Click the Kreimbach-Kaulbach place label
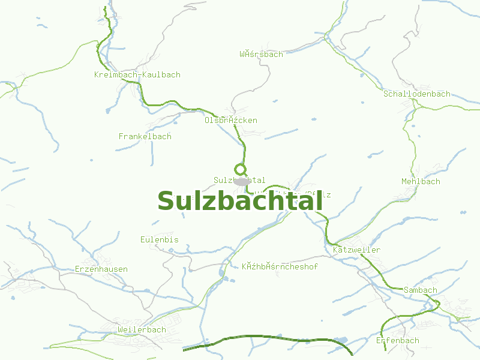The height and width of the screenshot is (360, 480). pyautogui.click(x=137, y=75)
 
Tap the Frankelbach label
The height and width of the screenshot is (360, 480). pyautogui.click(x=145, y=137)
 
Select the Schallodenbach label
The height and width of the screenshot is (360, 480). pyautogui.click(x=416, y=94)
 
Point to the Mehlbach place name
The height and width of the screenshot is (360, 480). pyautogui.click(x=421, y=182)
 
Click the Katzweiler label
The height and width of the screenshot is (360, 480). pyautogui.click(x=356, y=250)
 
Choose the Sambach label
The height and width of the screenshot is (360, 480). pyautogui.click(x=420, y=290)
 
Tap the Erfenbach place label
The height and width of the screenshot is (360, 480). pyautogui.click(x=397, y=341)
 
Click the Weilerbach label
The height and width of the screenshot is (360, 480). pyautogui.click(x=142, y=330)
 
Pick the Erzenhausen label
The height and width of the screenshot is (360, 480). pyautogui.click(x=101, y=269)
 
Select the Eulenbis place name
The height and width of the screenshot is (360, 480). pyautogui.click(x=159, y=240)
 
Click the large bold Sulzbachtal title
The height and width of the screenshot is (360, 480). pyautogui.click(x=240, y=202)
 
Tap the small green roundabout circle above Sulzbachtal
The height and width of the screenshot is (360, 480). pyautogui.click(x=240, y=169)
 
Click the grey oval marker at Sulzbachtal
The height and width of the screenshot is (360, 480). pyautogui.click(x=241, y=181)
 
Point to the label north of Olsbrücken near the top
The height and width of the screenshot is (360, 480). pyautogui.click(x=261, y=55)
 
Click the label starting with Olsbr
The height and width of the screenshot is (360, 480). pyautogui.click(x=230, y=121)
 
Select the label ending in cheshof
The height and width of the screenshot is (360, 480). pyautogui.click(x=280, y=266)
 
